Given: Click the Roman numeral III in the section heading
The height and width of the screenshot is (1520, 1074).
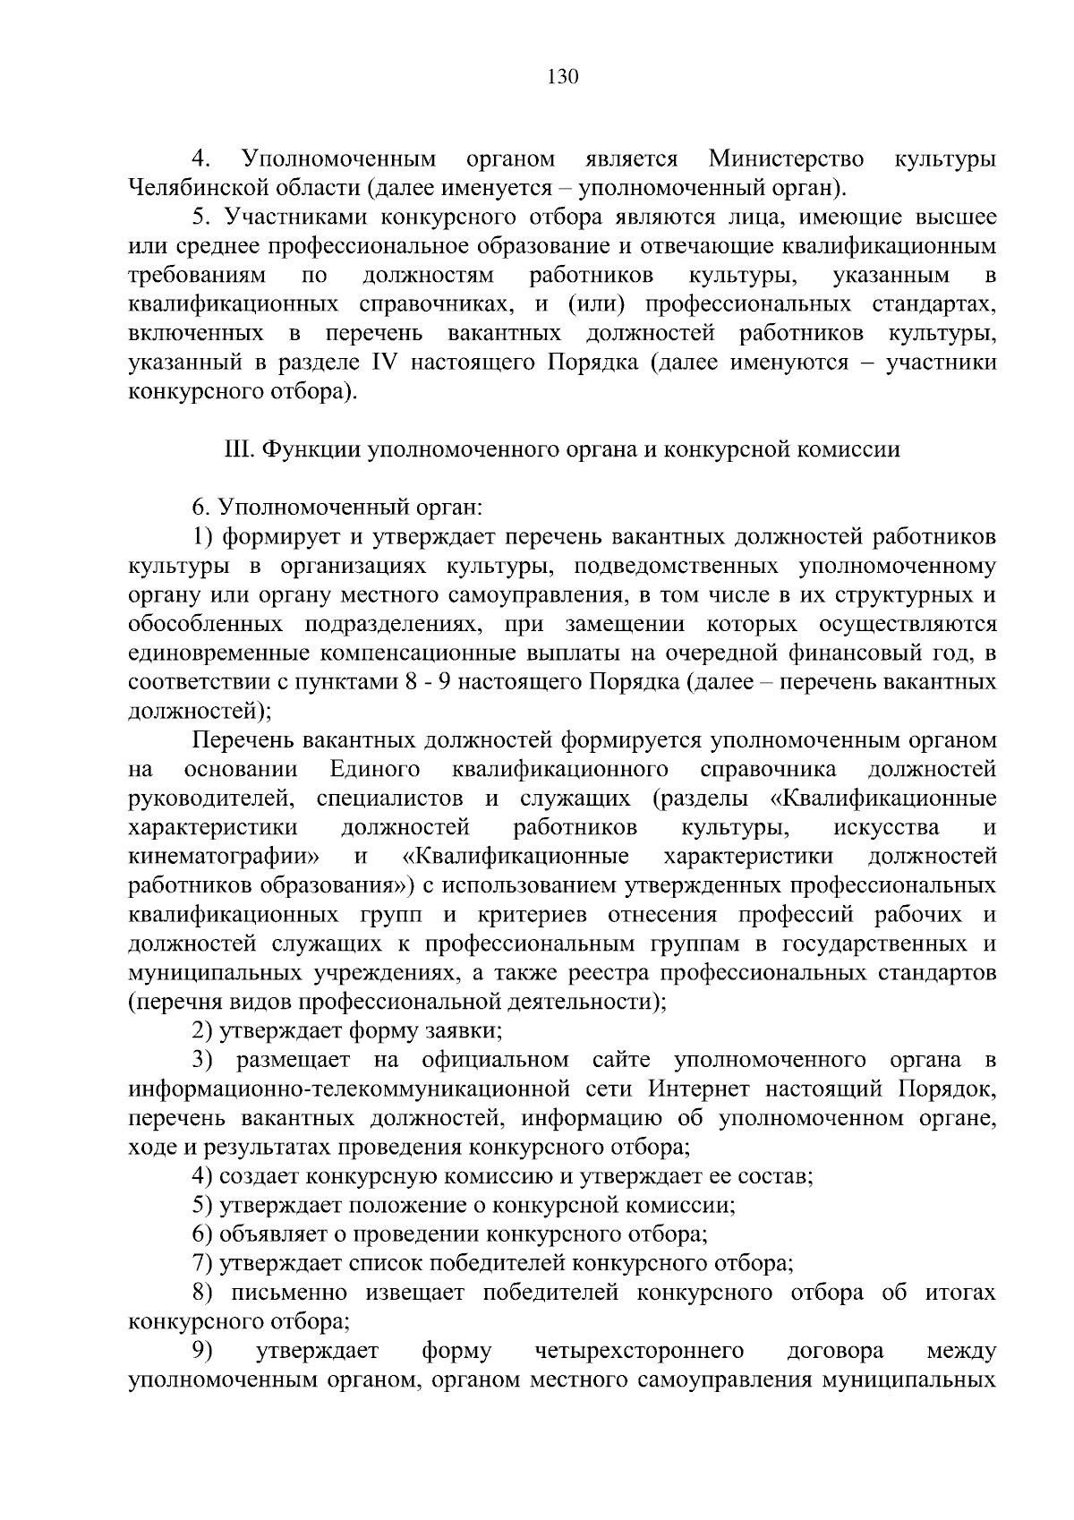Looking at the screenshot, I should (238, 450).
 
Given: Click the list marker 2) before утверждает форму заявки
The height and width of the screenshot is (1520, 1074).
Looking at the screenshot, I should (202, 1031).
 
